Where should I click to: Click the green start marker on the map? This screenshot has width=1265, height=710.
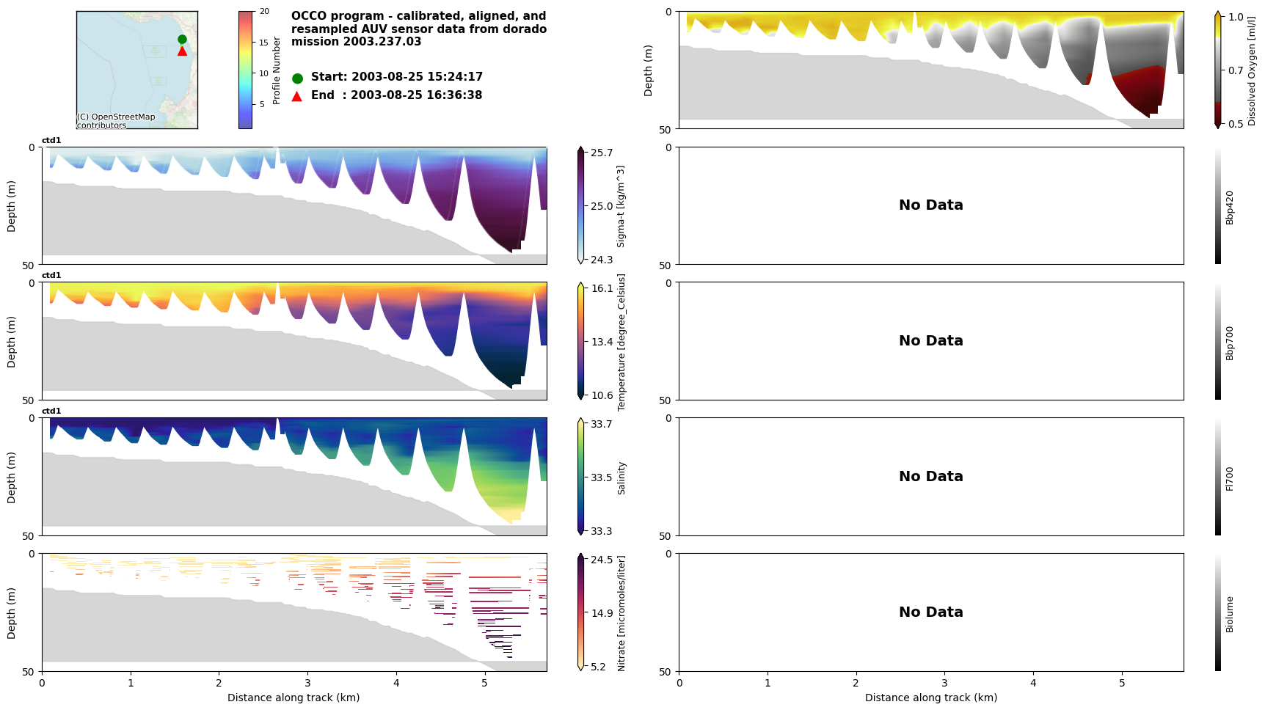pos(182,40)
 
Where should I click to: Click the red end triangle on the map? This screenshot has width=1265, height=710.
pos(182,51)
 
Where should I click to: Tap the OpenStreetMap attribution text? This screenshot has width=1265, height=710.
pos(116,121)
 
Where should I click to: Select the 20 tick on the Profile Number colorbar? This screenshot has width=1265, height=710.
pos(264,12)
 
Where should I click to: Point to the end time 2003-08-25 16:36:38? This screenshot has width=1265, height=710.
pos(416,95)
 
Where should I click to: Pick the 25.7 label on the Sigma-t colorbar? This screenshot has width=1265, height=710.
pos(602,153)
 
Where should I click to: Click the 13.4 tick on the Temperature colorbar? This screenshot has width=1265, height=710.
pos(602,342)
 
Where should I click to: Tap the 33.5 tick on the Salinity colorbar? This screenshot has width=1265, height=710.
pos(602,477)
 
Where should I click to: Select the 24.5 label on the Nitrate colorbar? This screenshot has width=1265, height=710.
pos(602,560)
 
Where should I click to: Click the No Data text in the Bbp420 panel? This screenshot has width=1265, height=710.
pos(930,205)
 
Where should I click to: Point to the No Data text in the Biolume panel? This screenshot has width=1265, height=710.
pos(930,612)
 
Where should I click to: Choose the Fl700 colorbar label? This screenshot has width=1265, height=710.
pos(1230,478)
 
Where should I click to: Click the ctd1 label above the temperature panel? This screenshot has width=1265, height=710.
pos(51,276)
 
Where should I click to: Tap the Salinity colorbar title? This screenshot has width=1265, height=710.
pos(621,477)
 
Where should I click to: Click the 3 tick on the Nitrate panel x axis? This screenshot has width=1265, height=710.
pos(307,683)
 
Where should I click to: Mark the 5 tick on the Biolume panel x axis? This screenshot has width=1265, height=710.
pos(1121,683)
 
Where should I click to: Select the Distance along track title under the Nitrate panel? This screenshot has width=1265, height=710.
pos(294,698)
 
